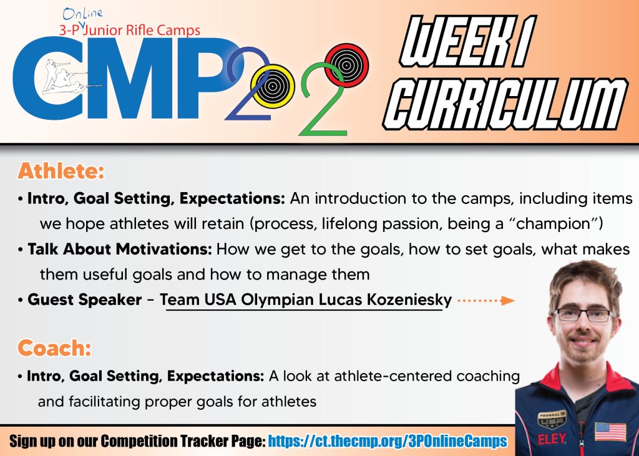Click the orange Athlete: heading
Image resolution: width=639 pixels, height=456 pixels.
click(x=61, y=171)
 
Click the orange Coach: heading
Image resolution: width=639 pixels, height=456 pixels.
click(x=54, y=349)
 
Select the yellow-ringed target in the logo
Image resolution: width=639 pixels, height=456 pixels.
click(x=273, y=86)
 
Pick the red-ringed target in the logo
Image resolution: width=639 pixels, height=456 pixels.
click(x=347, y=65)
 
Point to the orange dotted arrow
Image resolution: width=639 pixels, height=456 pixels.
click(x=485, y=301)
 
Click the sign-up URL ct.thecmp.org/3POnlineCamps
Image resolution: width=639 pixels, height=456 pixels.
click(x=388, y=441)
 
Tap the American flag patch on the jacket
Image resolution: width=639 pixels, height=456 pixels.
click(x=610, y=432)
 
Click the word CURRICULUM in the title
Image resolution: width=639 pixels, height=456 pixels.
click(x=505, y=104)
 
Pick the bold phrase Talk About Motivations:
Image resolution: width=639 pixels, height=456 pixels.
click(x=119, y=249)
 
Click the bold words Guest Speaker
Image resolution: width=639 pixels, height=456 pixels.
click(x=84, y=300)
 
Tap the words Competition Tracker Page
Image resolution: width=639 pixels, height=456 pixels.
click(x=183, y=441)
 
